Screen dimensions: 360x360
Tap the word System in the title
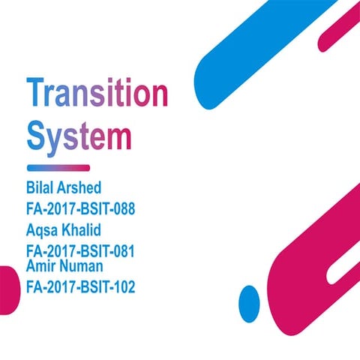click(x=79, y=137)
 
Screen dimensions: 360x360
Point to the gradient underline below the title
click(x=58, y=167)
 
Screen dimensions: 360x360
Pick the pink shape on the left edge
click(x=7, y=296)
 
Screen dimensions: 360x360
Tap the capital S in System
click(x=36, y=137)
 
